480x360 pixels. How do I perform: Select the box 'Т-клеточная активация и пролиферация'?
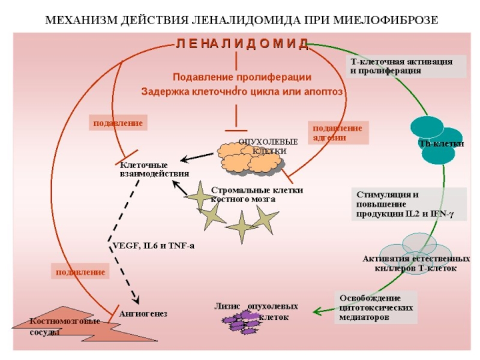(406, 66)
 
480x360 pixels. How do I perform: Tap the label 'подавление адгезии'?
(338, 133)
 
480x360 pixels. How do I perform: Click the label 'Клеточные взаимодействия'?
(154, 169)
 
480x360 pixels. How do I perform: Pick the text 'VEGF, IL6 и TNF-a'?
(153, 246)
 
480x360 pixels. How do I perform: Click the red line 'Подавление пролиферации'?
(242, 77)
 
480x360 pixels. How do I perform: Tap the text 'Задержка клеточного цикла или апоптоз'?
(242, 92)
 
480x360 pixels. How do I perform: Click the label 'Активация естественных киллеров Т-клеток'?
(416, 264)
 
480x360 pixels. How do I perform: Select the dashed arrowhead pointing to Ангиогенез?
(137, 300)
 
